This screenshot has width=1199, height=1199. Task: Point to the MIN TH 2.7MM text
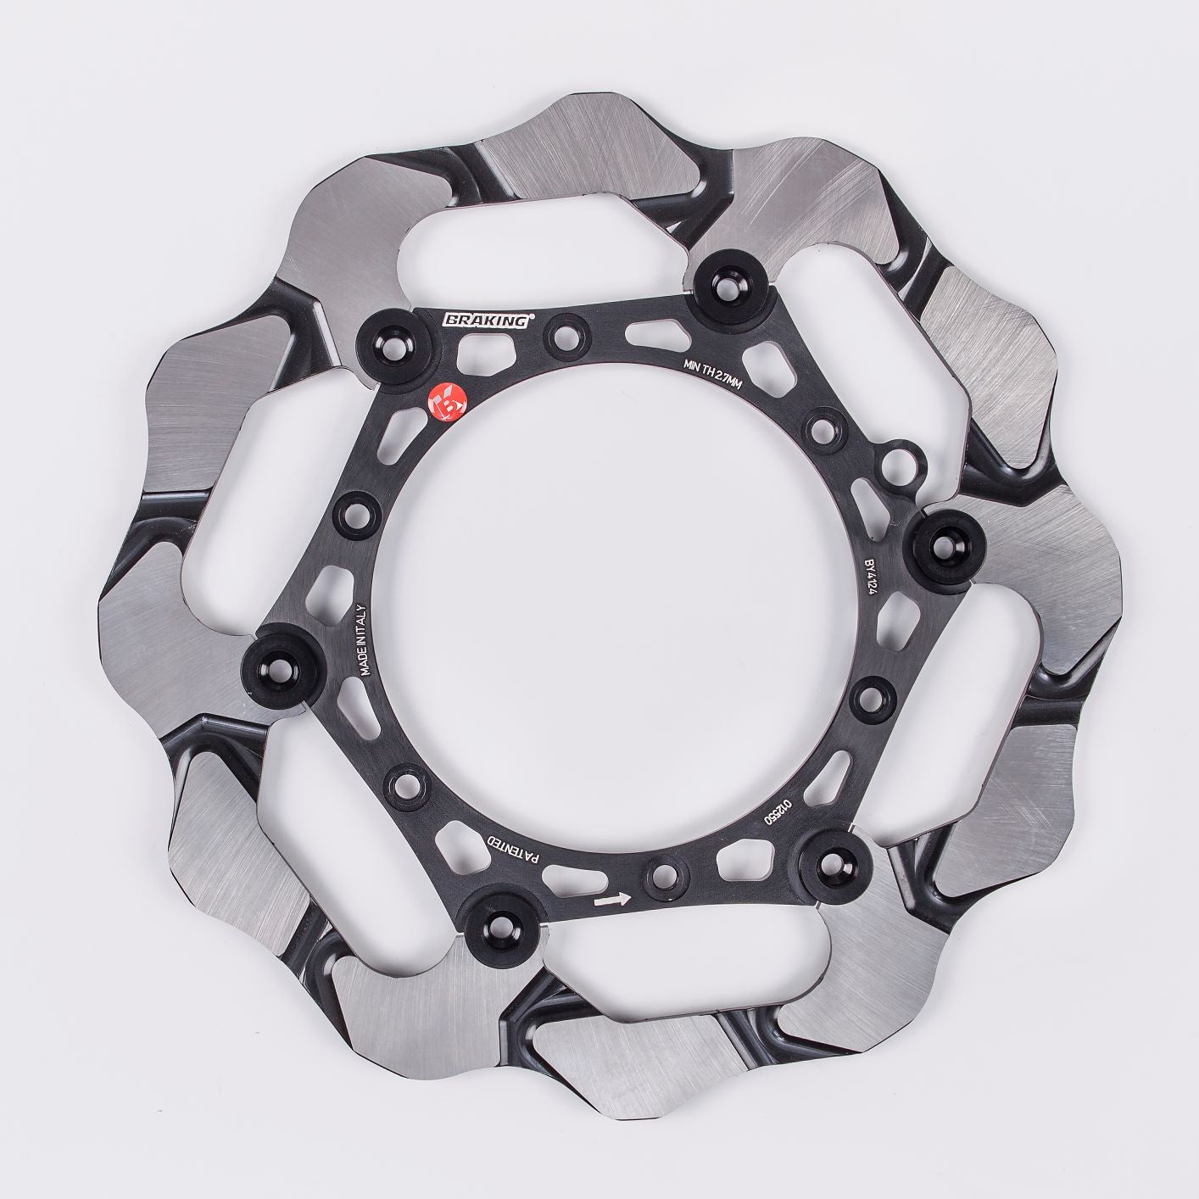tap(712, 371)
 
